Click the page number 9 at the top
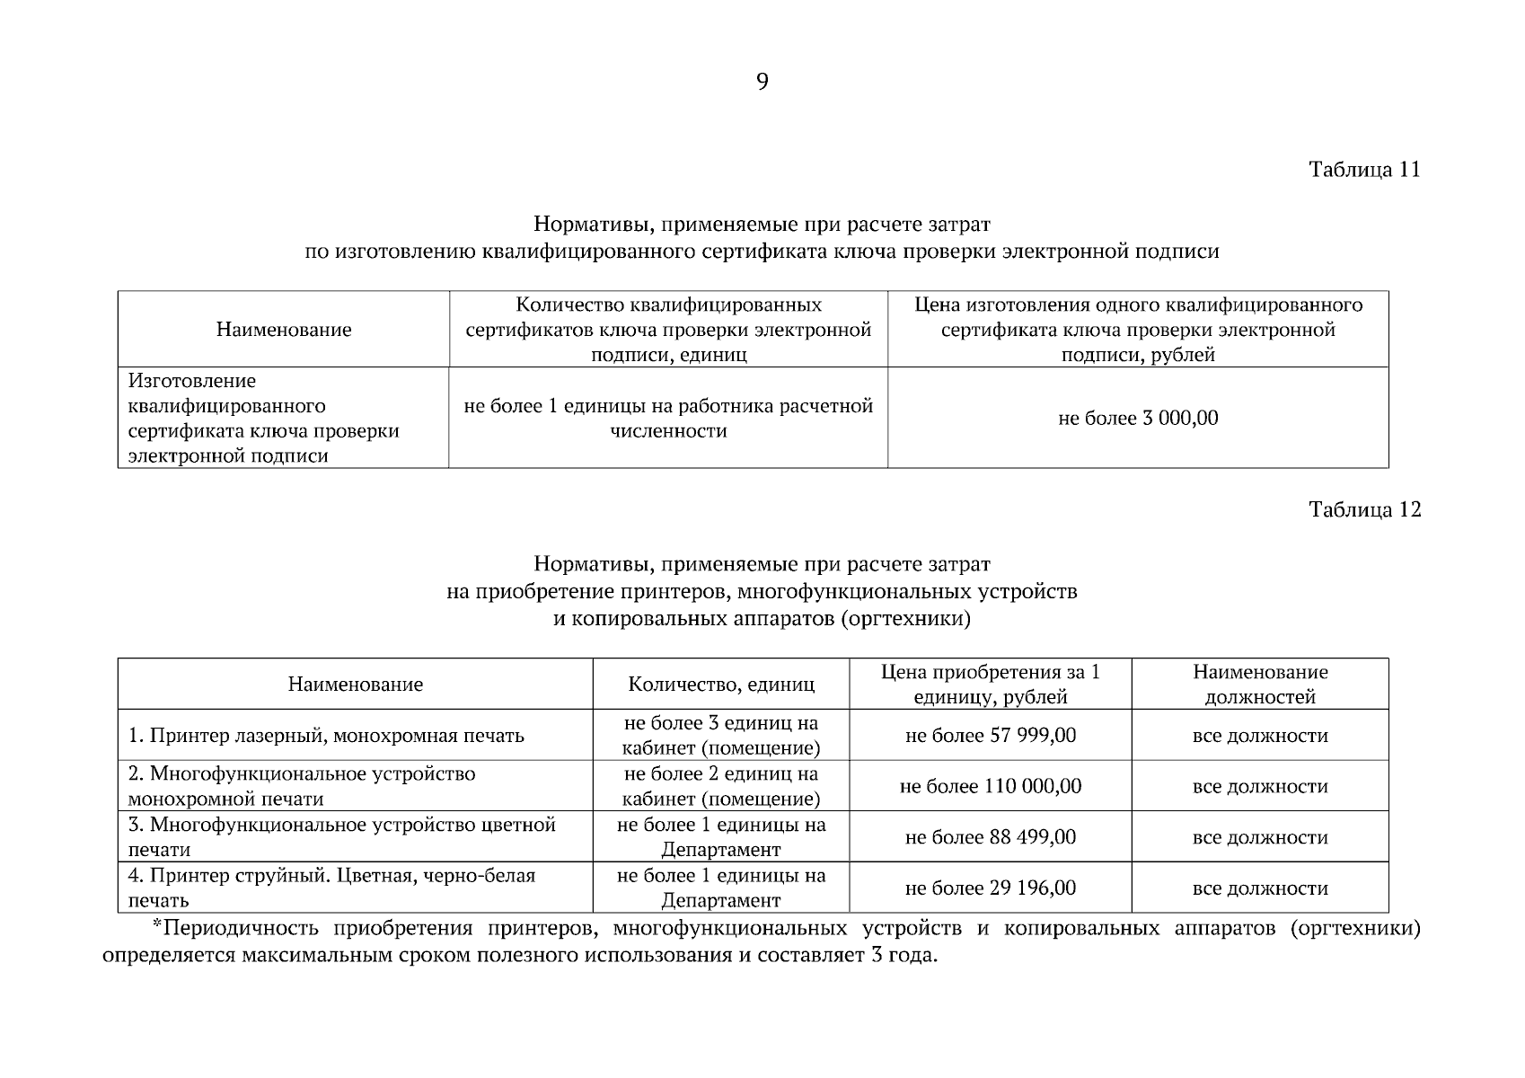762,83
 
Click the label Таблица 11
1364,170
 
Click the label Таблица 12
1364,510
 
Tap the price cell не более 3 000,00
1138,418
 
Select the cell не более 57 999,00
990,736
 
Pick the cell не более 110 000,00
990,787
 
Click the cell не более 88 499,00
990,837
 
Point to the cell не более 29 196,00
990,888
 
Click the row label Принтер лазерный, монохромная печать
326,736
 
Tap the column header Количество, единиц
721,685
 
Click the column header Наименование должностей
1259,685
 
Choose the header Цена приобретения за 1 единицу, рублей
990,685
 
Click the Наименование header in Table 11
283,330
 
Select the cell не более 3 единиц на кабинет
721,736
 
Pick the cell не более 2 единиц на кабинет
721,787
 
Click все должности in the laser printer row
1259,736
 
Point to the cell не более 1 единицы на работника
668,419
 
